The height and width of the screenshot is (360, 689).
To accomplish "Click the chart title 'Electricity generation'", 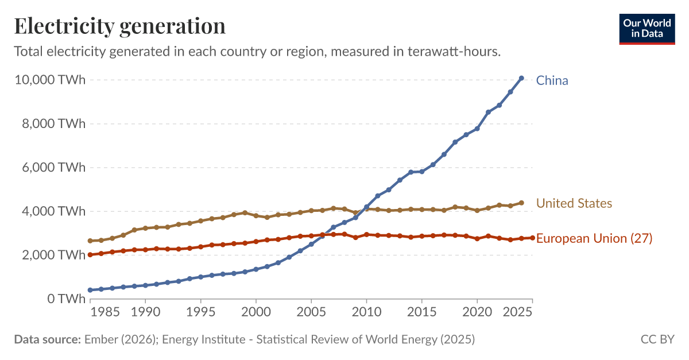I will tap(119, 26).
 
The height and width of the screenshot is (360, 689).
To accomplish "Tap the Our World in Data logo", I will tap(647, 28).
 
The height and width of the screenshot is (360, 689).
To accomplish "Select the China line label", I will tap(552, 80).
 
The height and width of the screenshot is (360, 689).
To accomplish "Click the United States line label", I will tap(574, 203).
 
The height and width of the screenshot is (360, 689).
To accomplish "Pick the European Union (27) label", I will tap(594, 238).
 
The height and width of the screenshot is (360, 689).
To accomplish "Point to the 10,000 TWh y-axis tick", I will tap(49, 80).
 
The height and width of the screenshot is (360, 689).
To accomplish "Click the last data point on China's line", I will tap(521, 78).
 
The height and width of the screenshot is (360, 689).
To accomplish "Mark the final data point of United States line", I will tap(521, 203).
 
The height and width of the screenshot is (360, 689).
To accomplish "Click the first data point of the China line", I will tap(90, 290).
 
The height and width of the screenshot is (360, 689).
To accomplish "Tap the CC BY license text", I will tap(657, 339).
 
